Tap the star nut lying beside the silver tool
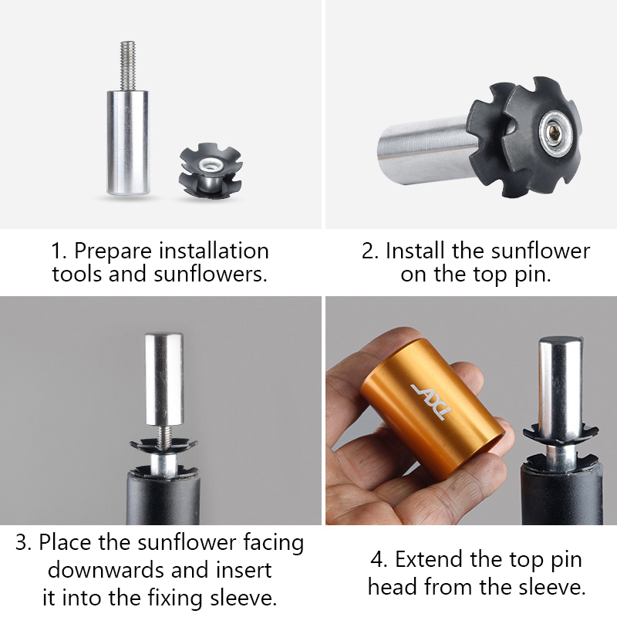(x=210, y=170)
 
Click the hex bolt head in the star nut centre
(x=555, y=137)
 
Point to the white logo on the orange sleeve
(x=432, y=401)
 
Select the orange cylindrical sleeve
(x=433, y=410)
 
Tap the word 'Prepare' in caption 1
(x=113, y=251)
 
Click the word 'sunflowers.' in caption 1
(x=211, y=275)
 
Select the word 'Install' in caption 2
(x=415, y=251)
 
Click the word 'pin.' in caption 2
(x=533, y=275)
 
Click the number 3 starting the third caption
(x=21, y=543)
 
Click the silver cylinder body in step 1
(x=128, y=143)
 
